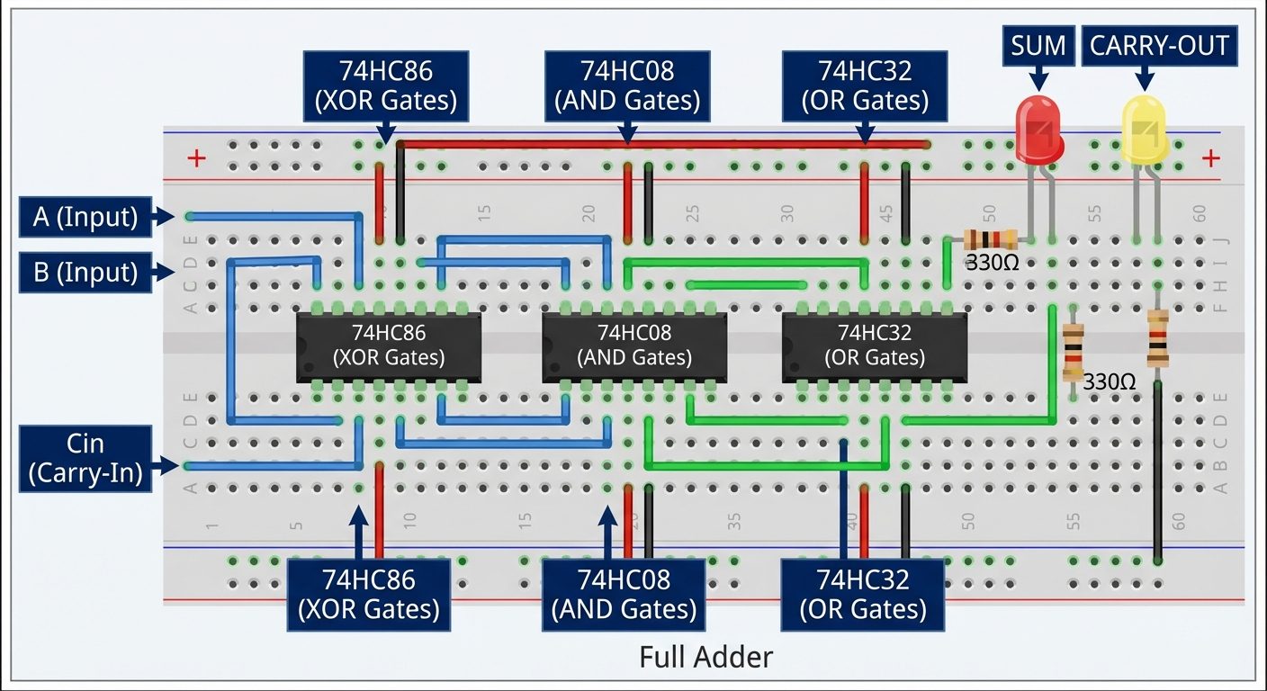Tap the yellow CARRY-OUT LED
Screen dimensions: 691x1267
pos(1143,129)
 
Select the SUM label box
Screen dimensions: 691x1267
pos(1038,45)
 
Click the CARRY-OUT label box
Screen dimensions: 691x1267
pos(1159,45)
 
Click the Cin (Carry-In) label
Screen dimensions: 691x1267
pos(85,458)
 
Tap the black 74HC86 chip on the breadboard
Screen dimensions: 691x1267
pos(389,346)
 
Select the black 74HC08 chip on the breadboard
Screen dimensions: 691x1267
pos(633,346)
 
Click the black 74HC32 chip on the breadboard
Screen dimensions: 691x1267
pos(875,346)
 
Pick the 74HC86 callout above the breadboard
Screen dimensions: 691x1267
pos(384,86)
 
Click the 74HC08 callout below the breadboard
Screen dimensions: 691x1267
pos(625,595)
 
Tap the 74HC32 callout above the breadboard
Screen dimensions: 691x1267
pos(865,86)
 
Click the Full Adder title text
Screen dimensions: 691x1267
pos(705,657)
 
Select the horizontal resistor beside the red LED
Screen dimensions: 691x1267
pos(990,239)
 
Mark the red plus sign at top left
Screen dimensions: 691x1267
pos(196,159)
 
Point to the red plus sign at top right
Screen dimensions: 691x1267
pos(1210,159)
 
